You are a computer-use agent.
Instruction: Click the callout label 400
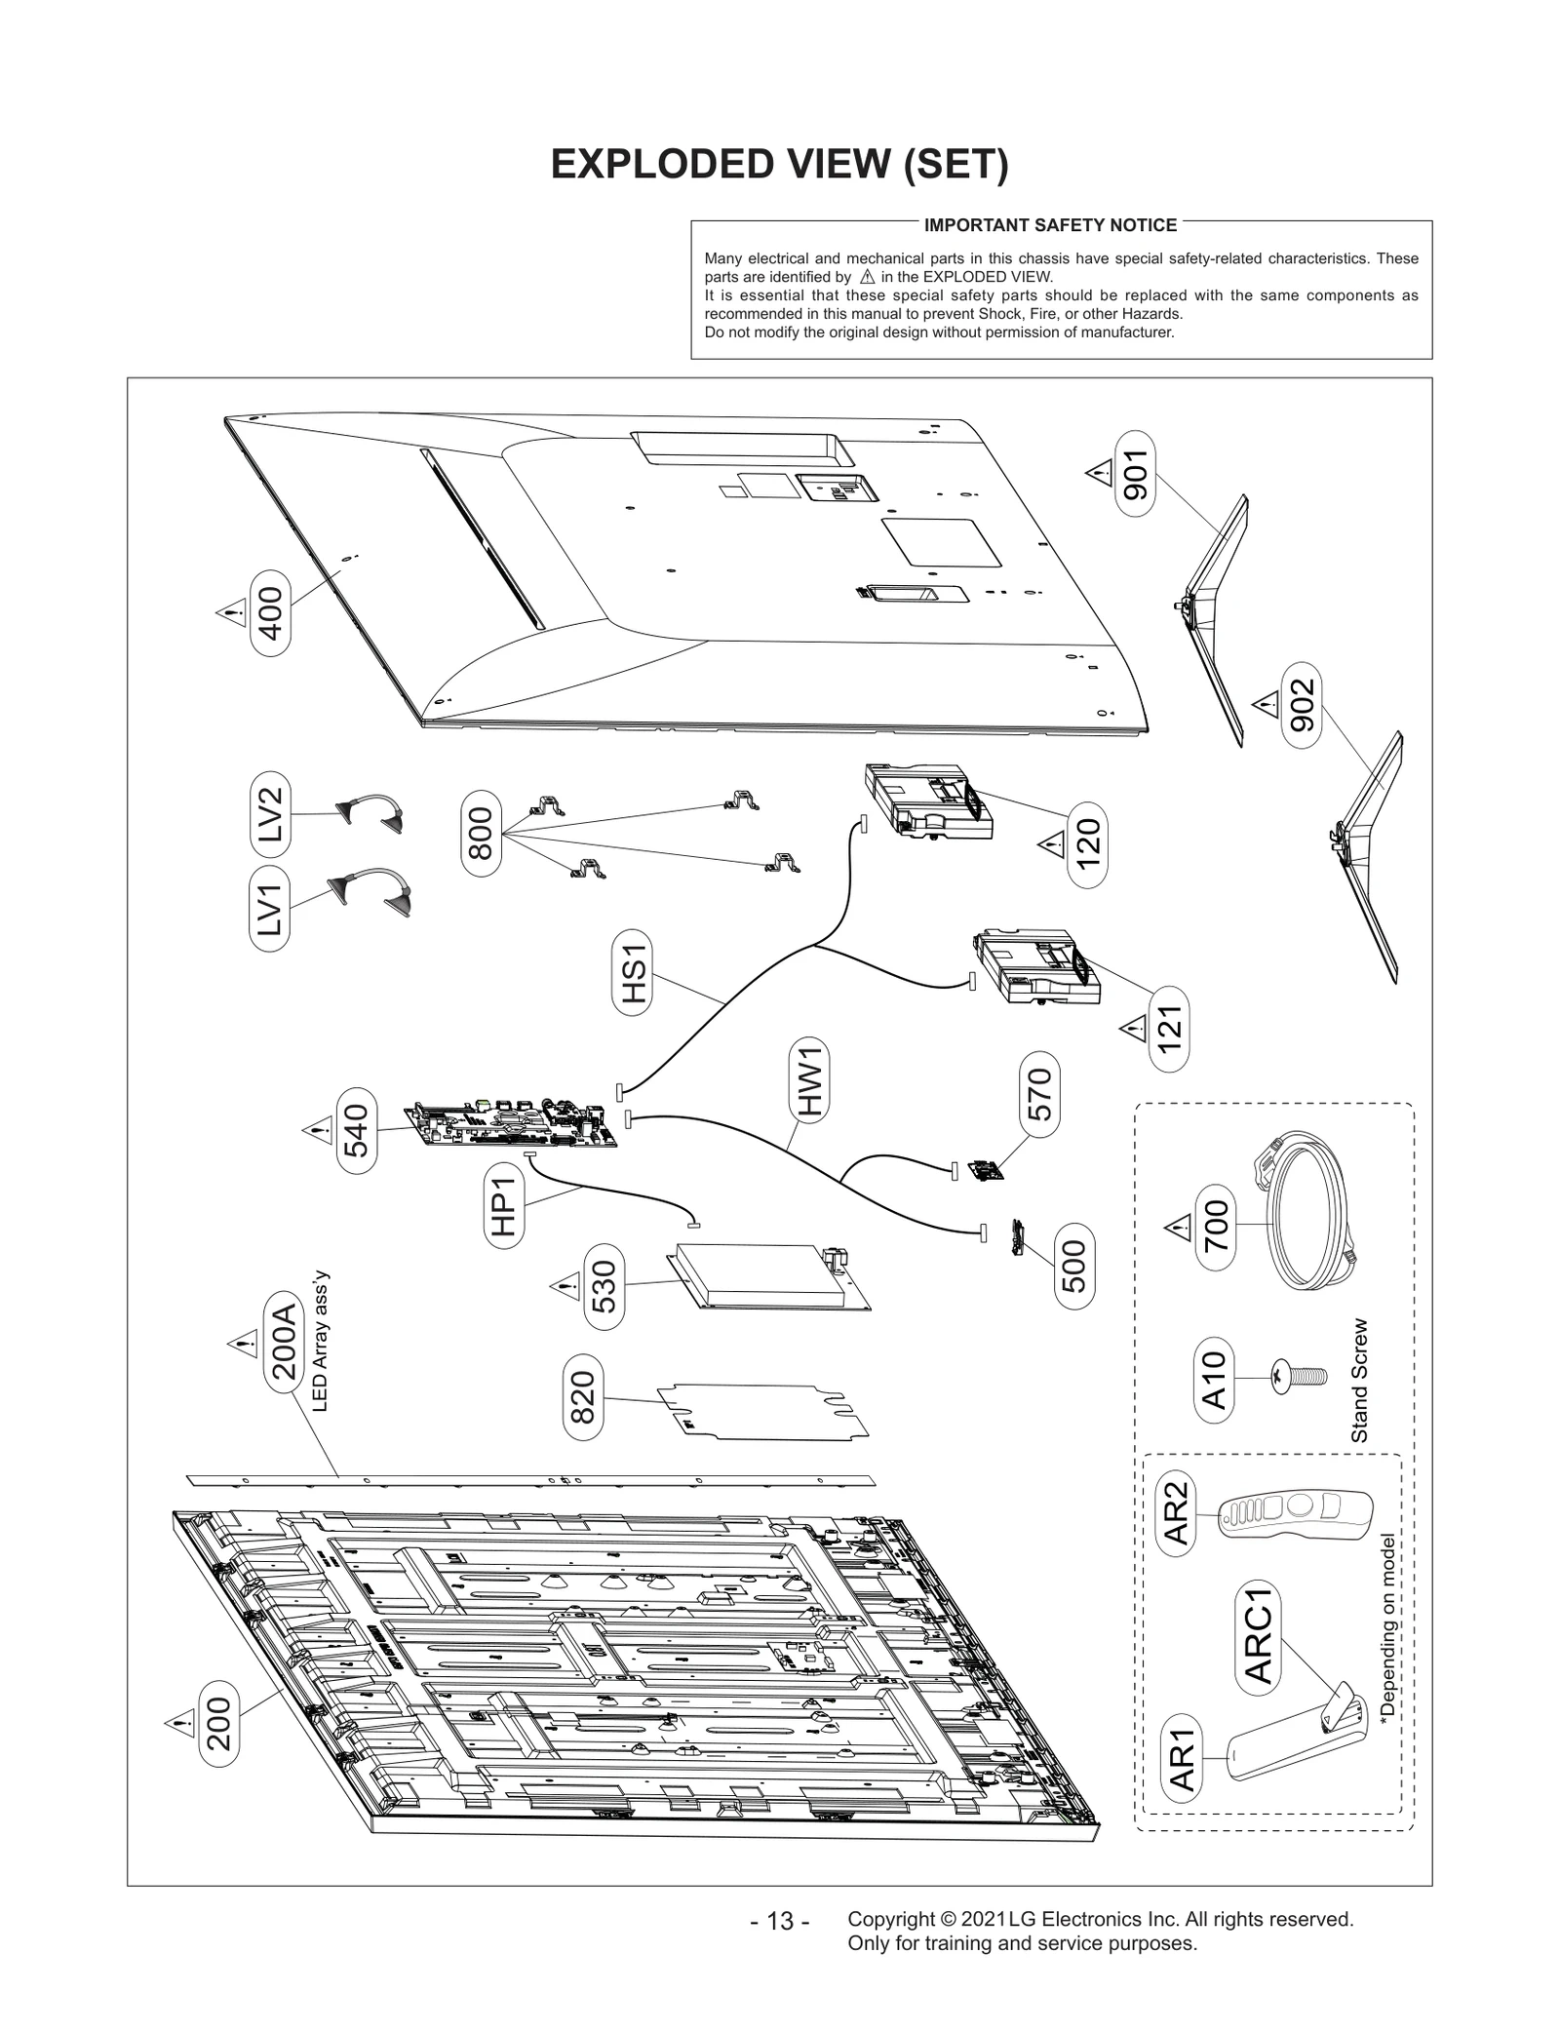(270, 613)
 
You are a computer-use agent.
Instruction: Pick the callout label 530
(604, 1286)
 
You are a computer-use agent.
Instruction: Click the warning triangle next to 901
(1099, 474)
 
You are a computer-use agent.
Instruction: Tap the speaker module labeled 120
(927, 802)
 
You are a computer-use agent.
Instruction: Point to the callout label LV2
(269, 813)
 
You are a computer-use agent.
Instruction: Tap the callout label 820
(582, 1397)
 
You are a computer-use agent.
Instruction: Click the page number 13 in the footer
(780, 1921)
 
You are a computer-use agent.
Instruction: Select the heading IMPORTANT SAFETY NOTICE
(1050, 225)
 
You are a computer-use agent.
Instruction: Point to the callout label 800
(481, 833)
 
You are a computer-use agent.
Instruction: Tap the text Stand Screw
(1359, 1381)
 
